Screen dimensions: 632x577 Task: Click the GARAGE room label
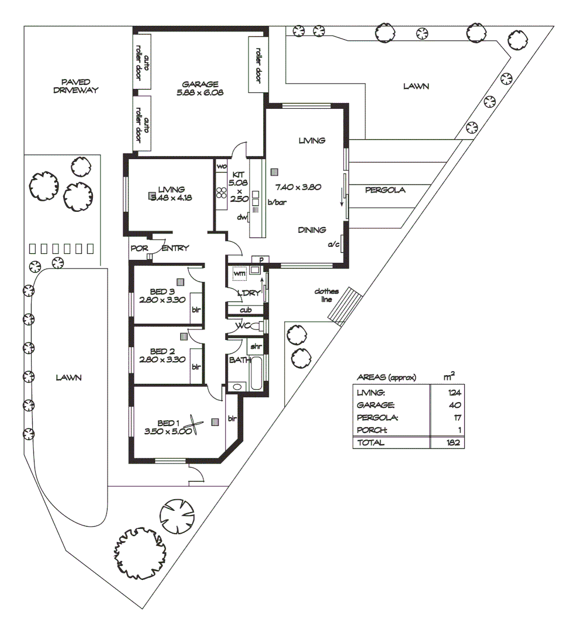[199, 84]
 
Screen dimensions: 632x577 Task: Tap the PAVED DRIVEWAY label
[75, 86]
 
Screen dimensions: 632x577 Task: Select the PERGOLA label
[385, 190]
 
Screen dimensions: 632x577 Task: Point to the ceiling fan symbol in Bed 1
[194, 424]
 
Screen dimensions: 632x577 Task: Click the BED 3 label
[162, 291]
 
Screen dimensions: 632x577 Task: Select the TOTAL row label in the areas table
[370, 442]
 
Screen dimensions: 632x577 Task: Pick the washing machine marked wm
[239, 273]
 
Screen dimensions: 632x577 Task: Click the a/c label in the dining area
[333, 244]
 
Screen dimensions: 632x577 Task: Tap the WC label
[243, 326]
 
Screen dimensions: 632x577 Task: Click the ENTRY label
[175, 248]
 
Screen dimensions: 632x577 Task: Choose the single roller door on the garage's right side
[258, 64]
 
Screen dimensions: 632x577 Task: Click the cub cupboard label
[246, 310]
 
